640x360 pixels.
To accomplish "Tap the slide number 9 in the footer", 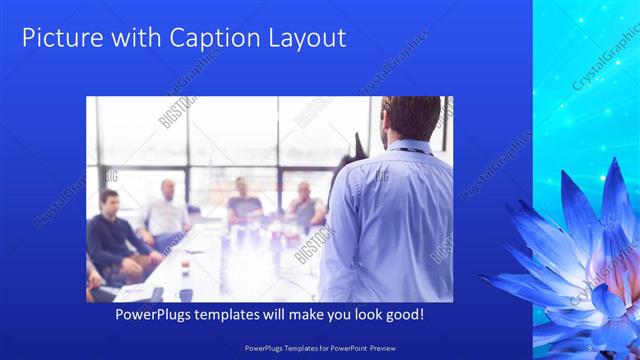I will [x=591, y=347].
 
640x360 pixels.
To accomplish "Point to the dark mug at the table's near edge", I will [x=186, y=294].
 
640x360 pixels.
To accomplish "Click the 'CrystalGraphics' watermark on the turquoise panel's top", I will [x=604, y=75].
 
